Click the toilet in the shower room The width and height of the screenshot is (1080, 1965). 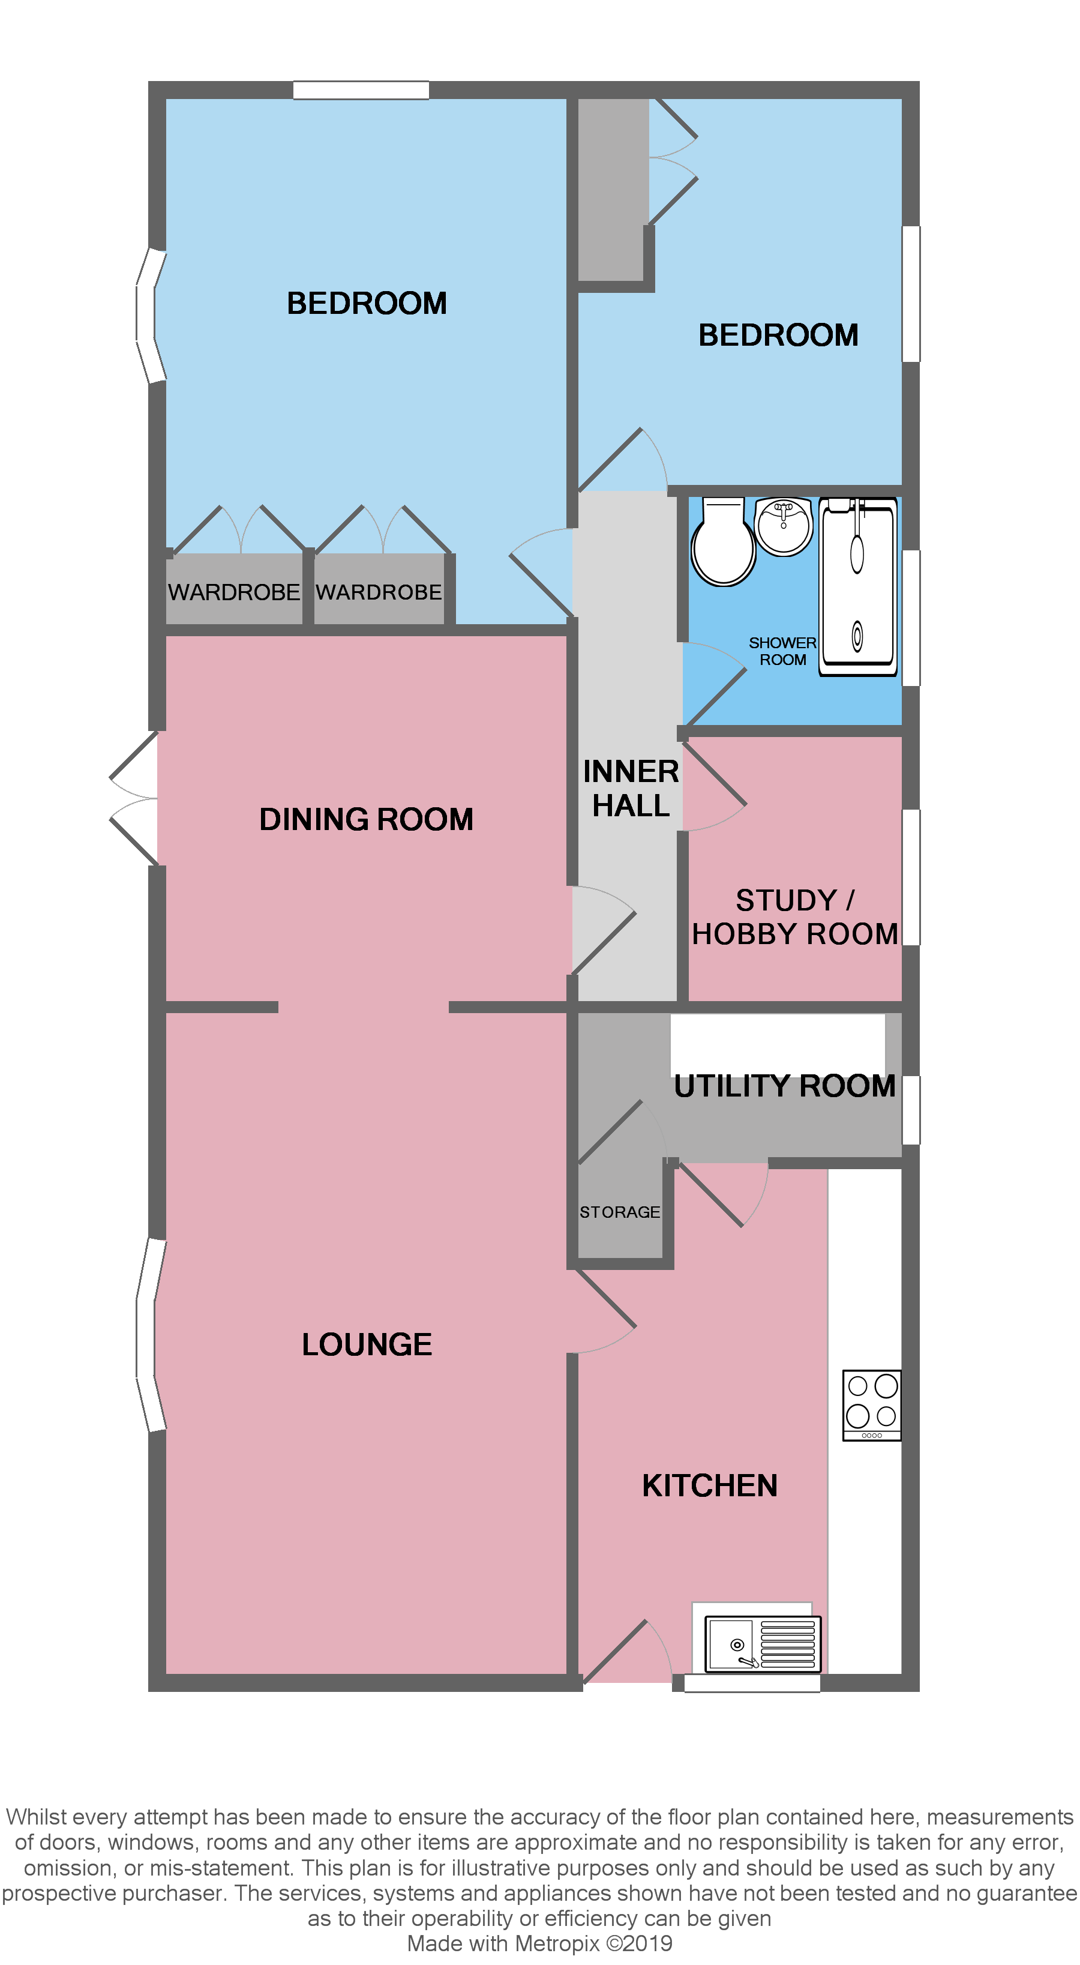coord(722,543)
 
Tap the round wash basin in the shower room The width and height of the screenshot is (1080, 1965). coord(784,526)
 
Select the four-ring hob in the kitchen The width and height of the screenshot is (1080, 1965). coord(872,1405)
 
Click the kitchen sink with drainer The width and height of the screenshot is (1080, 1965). coord(762,1645)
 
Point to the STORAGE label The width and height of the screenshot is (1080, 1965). coord(619,1212)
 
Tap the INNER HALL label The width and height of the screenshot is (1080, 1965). coord(631,789)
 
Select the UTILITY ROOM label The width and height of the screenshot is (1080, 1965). coord(784,1086)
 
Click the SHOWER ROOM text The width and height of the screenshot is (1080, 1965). coord(782,651)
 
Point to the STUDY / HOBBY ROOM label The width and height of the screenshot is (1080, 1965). coord(795,918)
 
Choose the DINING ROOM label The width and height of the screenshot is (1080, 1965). coord(366,819)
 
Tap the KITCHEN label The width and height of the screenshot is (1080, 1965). coord(709,1486)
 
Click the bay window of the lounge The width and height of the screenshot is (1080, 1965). coord(149,1335)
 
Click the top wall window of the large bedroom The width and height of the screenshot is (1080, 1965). coord(361,90)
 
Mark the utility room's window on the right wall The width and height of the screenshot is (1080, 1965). coord(911,1110)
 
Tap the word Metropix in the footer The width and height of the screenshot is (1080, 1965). coord(557,1943)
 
